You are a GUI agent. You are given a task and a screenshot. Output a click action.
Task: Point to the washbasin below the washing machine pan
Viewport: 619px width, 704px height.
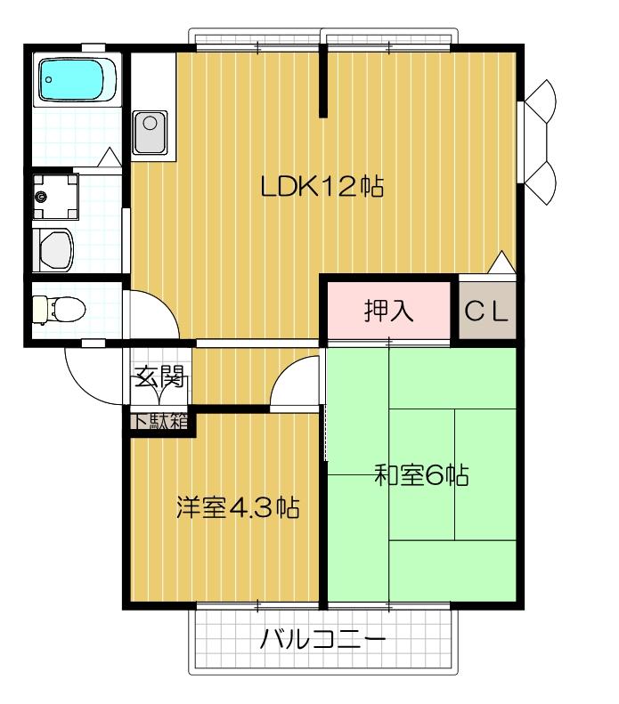click(56, 247)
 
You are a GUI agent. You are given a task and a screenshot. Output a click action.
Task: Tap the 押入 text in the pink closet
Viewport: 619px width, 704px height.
click(389, 311)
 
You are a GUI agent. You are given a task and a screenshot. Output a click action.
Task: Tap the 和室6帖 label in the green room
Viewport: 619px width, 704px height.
click(421, 475)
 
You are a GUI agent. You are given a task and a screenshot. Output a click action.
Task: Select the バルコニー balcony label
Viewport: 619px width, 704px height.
click(322, 640)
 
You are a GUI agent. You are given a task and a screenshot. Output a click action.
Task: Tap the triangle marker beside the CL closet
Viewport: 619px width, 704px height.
click(501, 263)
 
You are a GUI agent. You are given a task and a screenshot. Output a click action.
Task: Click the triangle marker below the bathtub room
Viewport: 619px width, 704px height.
click(109, 158)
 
